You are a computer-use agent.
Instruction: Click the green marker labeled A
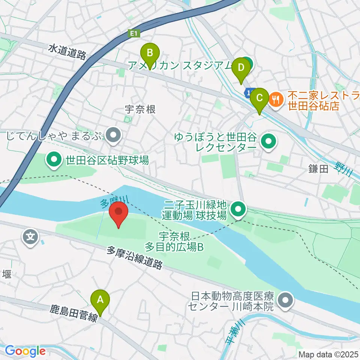(x=100, y=300)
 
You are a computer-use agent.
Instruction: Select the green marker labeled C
(x=259, y=98)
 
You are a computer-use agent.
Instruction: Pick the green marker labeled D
(x=241, y=68)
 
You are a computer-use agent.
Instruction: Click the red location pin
(x=118, y=212)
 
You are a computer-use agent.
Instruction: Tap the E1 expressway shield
(x=134, y=34)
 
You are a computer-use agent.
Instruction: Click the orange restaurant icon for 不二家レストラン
(x=276, y=99)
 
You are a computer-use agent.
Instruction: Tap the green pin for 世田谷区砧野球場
(x=54, y=160)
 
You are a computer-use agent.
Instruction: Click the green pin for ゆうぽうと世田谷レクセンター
(x=268, y=142)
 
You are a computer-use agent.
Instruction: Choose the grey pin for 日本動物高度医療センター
(x=286, y=301)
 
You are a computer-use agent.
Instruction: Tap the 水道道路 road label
(x=67, y=51)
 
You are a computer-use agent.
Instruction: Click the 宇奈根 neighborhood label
(x=140, y=109)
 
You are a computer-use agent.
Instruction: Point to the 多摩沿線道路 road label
(x=135, y=258)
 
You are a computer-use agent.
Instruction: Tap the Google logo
(x=25, y=351)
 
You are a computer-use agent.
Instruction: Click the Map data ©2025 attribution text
(x=328, y=354)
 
